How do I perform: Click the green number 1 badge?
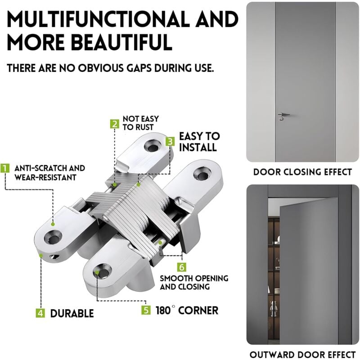point(4,168)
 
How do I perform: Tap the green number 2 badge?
point(115,124)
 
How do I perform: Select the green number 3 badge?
point(170,141)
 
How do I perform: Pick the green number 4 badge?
point(40,313)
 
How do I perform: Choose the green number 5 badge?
point(146,310)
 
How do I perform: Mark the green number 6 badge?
point(182,267)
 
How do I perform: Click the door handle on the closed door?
point(283,116)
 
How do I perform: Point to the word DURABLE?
point(72,313)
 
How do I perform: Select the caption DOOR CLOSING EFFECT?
point(302,172)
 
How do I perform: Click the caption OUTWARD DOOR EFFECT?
point(302,355)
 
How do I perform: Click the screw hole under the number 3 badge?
point(153,147)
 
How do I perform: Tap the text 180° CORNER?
point(187,310)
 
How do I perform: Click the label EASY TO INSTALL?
point(199,142)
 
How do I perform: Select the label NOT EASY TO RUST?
point(141,123)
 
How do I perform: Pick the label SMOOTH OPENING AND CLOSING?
point(194,283)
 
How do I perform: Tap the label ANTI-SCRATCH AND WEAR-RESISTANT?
point(49,173)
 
